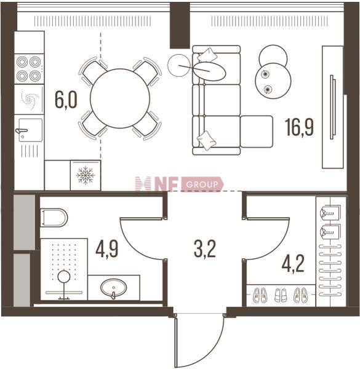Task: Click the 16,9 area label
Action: (x=299, y=127)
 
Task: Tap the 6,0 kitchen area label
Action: (x=66, y=100)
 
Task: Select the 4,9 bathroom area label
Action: (x=106, y=248)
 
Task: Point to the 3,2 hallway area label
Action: (x=205, y=248)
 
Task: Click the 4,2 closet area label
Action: (x=293, y=264)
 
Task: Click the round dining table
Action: (x=120, y=98)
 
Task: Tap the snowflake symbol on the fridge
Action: (x=86, y=175)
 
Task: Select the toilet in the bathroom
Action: (x=54, y=218)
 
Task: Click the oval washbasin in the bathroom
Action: (x=113, y=288)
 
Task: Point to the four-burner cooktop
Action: (x=29, y=69)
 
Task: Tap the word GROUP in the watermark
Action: (x=202, y=184)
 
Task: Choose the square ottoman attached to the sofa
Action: (x=257, y=132)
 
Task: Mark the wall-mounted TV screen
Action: (x=332, y=107)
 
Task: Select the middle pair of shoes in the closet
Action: (x=281, y=295)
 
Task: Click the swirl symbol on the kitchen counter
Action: (x=30, y=100)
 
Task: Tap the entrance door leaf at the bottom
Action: (x=175, y=341)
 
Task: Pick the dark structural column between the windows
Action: (x=180, y=25)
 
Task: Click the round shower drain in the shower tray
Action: (x=64, y=276)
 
